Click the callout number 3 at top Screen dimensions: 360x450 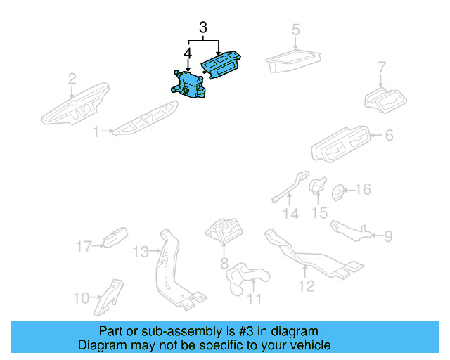pos(203,29)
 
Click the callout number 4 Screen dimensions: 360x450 pos(187,54)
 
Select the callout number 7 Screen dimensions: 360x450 pos(382,68)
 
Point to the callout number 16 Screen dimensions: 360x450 pos(362,190)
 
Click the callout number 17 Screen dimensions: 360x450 pos(84,246)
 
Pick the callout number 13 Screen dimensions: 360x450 pos(141,252)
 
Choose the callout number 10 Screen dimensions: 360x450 pos(81,297)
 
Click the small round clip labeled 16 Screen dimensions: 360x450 pos(337,191)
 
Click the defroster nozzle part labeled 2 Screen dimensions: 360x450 pos(75,103)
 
